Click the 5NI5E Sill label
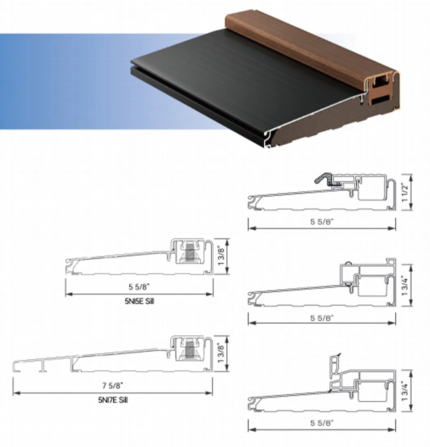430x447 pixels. (139, 302)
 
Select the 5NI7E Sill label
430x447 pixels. (113, 400)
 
